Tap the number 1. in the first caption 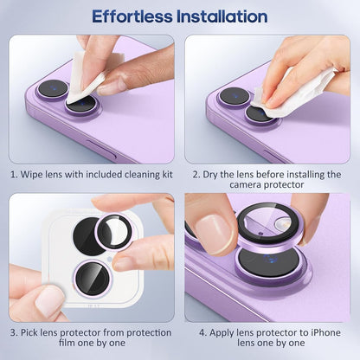pyautogui.click(x=15, y=175)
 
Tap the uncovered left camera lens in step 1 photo pyautogui.click(x=52, y=88)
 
